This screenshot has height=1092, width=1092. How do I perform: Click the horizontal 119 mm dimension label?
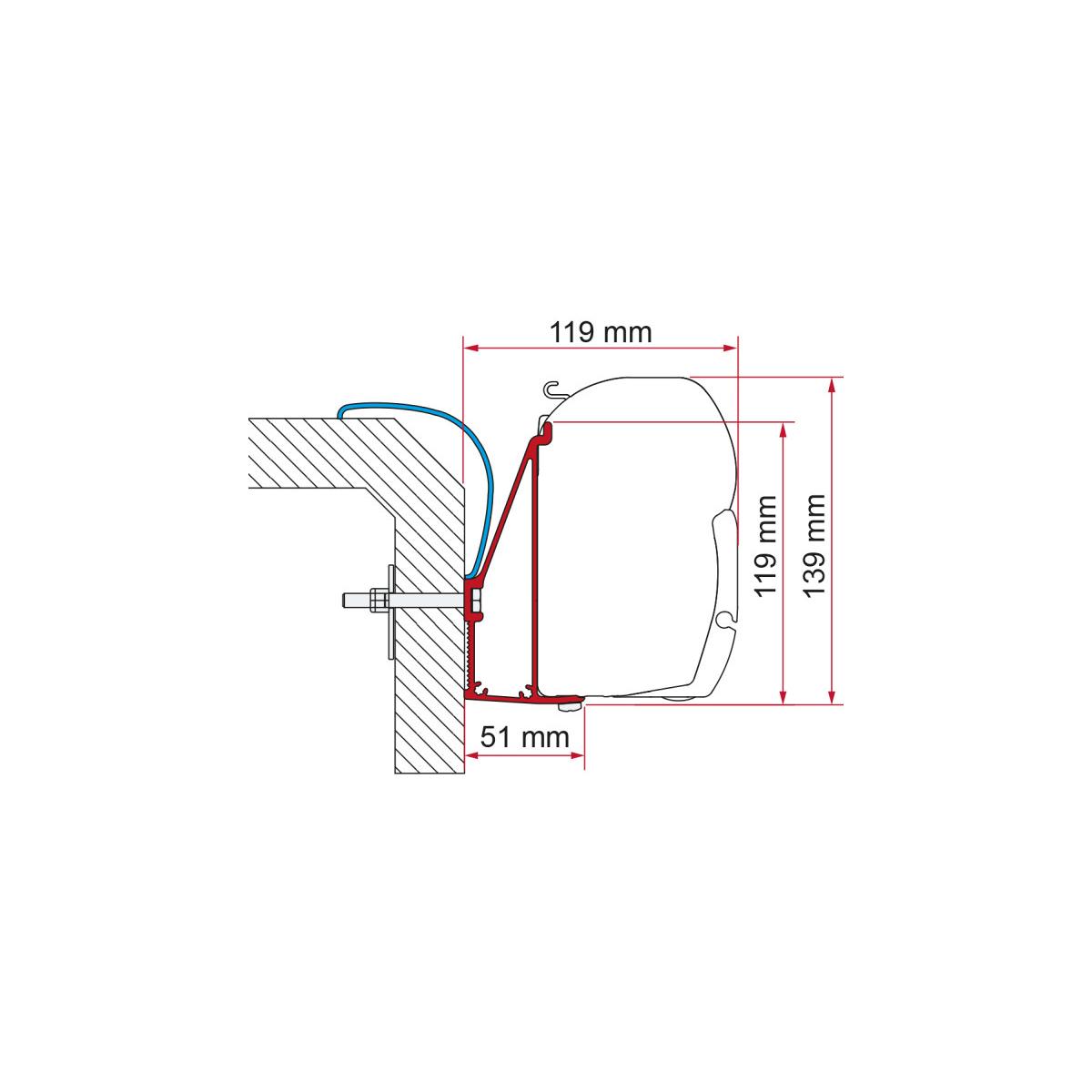(601, 333)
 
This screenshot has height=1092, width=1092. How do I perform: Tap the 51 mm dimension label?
(525, 737)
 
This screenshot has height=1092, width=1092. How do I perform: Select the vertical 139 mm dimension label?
(814, 546)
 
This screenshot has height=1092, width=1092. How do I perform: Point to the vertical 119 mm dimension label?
(765, 546)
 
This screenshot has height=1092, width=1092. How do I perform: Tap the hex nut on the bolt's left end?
(377, 599)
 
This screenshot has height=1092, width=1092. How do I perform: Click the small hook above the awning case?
(551, 389)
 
